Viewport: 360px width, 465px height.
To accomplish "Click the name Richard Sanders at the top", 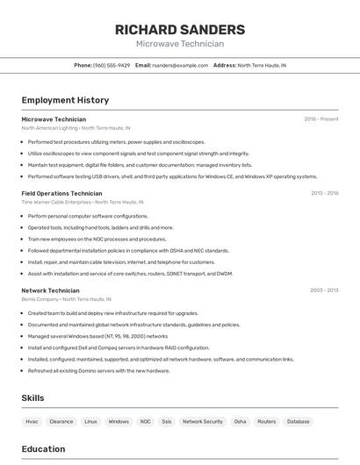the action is tap(180, 30).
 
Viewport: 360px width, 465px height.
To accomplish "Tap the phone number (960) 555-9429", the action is tap(112, 65).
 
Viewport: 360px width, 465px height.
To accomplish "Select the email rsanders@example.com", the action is tap(180, 65).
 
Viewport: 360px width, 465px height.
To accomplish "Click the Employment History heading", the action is tap(65, 100).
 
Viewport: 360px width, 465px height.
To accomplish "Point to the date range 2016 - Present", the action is tap(320, 118).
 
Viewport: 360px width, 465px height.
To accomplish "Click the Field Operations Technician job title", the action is tap(61, 193).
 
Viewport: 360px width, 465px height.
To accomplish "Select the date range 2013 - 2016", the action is tap(324, 193).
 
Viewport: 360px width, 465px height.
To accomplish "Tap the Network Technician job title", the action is tap(50, 290).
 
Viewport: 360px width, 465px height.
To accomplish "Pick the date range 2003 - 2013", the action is tap(324, 290).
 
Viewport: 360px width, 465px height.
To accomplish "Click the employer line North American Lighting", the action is tap(76, 127).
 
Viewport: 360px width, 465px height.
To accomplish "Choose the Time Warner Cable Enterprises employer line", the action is tap(82, 202).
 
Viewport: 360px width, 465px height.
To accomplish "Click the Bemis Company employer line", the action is tap(68, 299).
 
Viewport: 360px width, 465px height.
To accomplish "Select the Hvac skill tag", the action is tap(32, 421).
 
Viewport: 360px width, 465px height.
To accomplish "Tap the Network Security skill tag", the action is tap(203, 421).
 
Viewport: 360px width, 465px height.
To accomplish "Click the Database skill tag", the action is tap(299, 421).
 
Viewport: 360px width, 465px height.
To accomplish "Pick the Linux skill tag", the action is tap(90, 421).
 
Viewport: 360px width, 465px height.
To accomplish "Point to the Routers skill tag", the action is tap(266, 421).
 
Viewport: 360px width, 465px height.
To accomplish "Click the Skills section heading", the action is tap(33, 398).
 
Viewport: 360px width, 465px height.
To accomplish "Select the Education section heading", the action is tap(43, 449).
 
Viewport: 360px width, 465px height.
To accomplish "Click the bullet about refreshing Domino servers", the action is tap(98, 370).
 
